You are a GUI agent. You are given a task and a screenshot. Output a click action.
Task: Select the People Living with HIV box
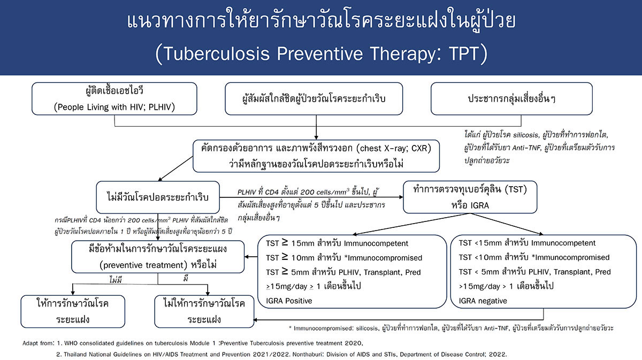[x=114, y=99]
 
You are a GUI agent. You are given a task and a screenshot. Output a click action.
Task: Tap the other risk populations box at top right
[x=511, y=98]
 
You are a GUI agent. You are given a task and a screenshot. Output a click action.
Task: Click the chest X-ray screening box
[x=316, y=156]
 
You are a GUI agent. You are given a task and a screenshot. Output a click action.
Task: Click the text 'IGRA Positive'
[x=289, y=301]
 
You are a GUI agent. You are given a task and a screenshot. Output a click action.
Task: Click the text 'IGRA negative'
[x=483, y=301]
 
